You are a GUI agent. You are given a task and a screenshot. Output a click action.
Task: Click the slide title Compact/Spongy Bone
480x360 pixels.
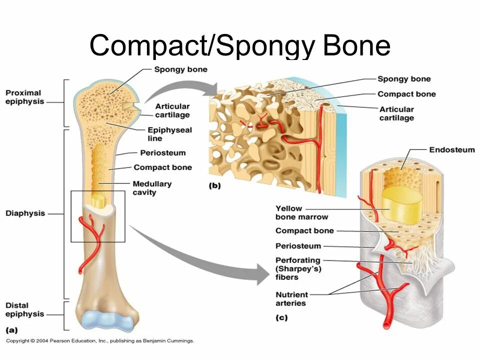coord(239,45)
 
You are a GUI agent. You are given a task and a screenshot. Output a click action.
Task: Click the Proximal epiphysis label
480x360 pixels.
coord(23,97)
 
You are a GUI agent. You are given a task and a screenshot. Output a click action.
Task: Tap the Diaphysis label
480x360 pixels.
coord(25,213)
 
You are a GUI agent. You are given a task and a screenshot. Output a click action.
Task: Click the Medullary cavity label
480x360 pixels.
coord(152,188)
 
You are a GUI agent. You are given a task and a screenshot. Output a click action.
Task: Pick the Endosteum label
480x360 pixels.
coord(452,149)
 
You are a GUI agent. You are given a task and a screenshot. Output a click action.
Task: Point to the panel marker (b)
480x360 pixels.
coord(214,185)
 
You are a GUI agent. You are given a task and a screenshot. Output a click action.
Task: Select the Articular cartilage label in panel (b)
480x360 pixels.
coord(396,113)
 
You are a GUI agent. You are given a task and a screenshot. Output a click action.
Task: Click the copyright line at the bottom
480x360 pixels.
coord(100,341)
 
